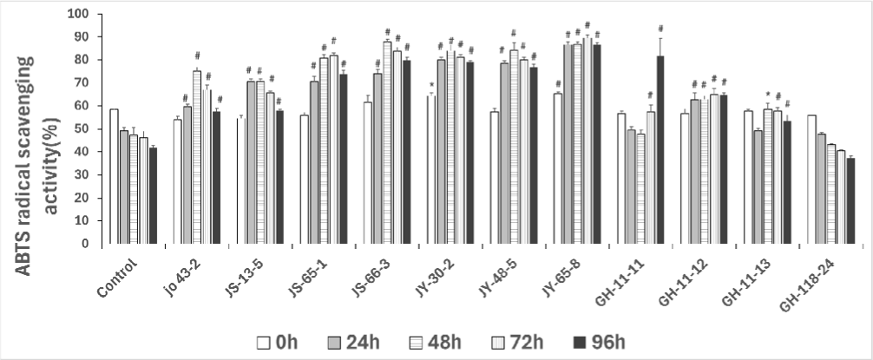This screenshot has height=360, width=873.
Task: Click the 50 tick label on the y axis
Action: coord(81,129)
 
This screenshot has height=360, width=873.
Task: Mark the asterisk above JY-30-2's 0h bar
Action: coord(431,85)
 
